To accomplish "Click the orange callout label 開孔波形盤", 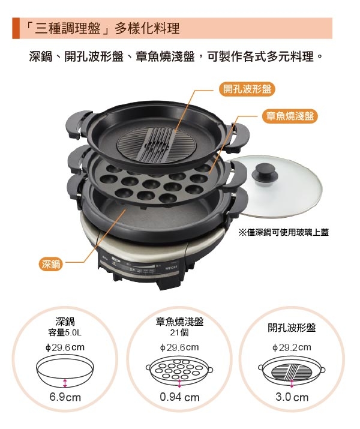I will [247, 89].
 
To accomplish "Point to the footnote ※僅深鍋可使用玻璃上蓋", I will [284, 231].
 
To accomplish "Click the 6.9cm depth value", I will [64, 397].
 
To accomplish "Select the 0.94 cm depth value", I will [179, 397].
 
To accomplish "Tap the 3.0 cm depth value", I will [292, 397].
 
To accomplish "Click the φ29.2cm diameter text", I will [292, 347].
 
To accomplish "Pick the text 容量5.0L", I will [64, 331].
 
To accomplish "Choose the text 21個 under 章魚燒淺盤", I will [179, 331].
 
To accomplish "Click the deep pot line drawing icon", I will [64, 371].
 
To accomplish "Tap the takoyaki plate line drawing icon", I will [179, 371].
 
